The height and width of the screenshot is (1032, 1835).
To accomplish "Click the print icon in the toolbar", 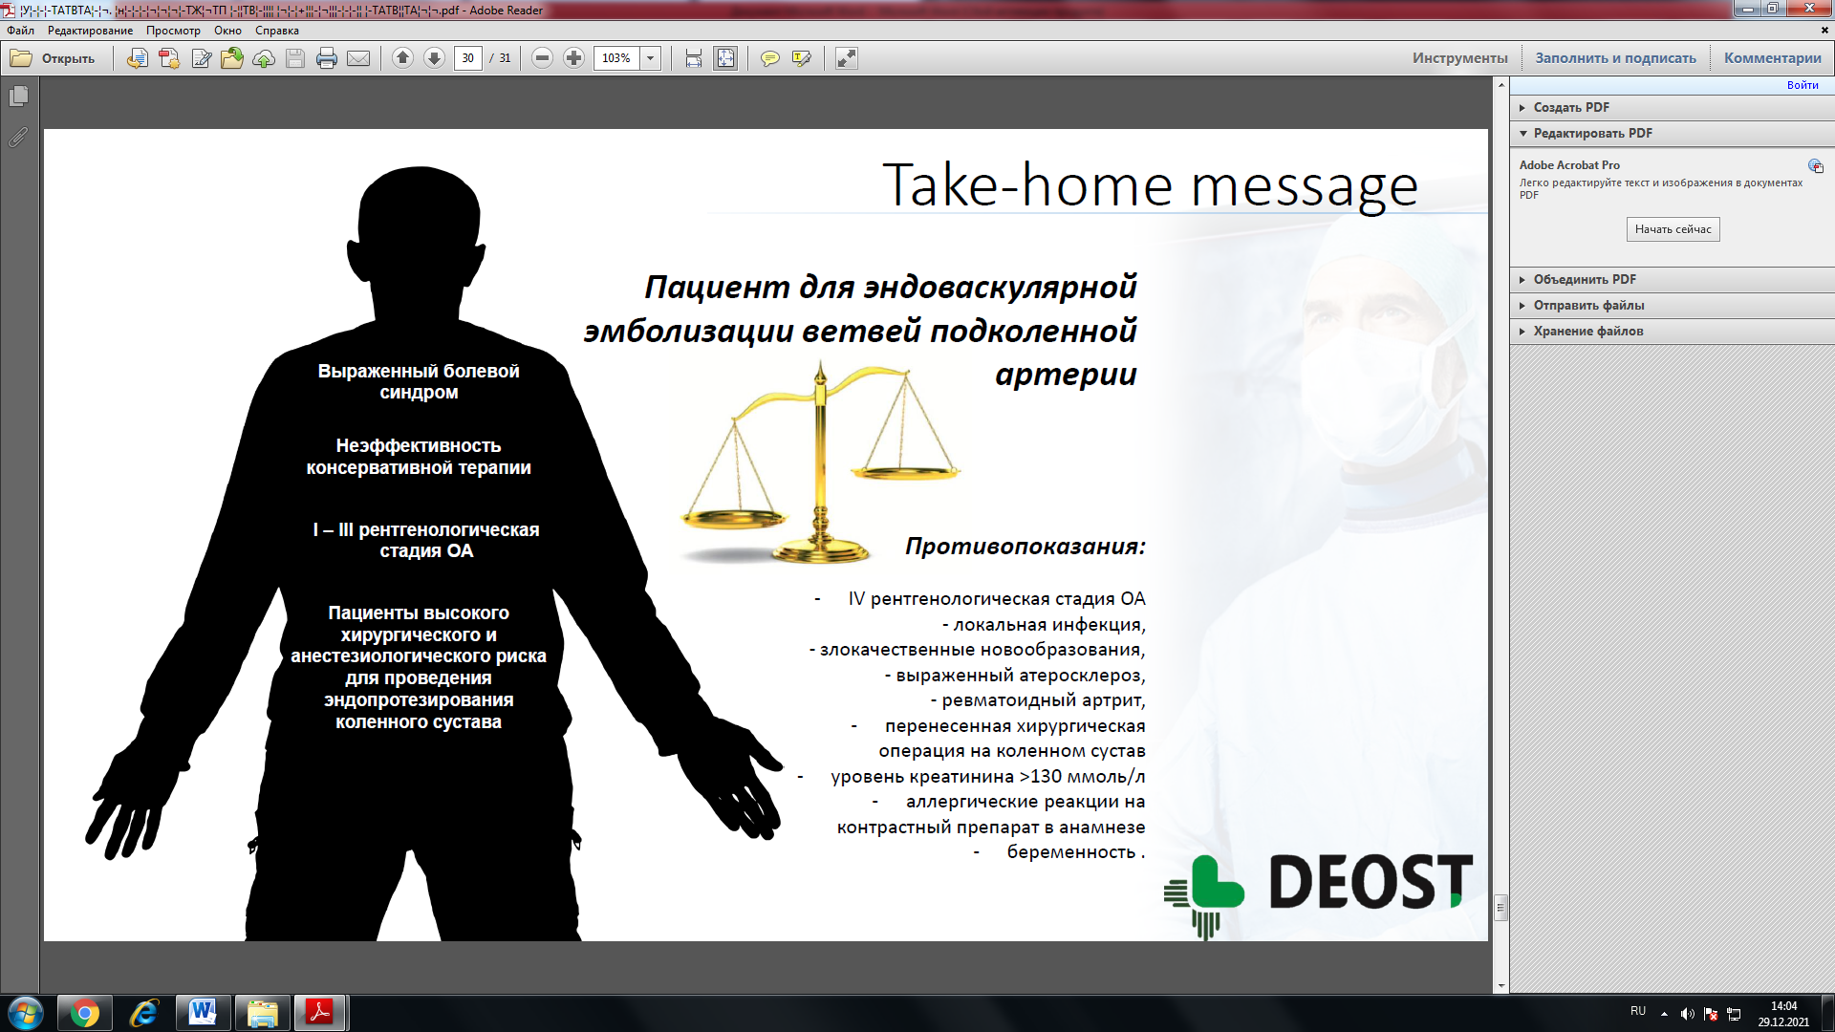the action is point(327,58).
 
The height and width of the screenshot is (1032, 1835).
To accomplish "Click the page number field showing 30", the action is point(467,58).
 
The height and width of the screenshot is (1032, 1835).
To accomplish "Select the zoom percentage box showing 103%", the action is point(616,58).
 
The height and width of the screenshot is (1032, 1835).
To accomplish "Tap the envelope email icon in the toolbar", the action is point(358,58).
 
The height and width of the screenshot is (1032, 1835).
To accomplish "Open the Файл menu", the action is point(20,31).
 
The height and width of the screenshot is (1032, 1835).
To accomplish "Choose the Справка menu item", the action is point(277,31).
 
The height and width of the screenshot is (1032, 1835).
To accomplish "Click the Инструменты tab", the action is point(1459,58).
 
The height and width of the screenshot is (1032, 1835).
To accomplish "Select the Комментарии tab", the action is point(1772,58).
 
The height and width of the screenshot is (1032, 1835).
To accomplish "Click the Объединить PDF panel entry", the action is point(1585,279).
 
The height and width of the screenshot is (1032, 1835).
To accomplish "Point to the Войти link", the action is point(1803,85).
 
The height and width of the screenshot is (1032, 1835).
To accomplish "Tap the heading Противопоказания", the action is point(1025,547).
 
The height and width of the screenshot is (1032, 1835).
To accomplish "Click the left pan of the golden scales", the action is point(733,519).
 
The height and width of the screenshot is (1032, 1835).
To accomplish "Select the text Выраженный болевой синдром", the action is point(419,381).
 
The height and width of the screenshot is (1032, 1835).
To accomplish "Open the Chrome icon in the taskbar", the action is point(85,1013).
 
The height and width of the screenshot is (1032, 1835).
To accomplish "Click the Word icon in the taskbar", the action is point(203,1013).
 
